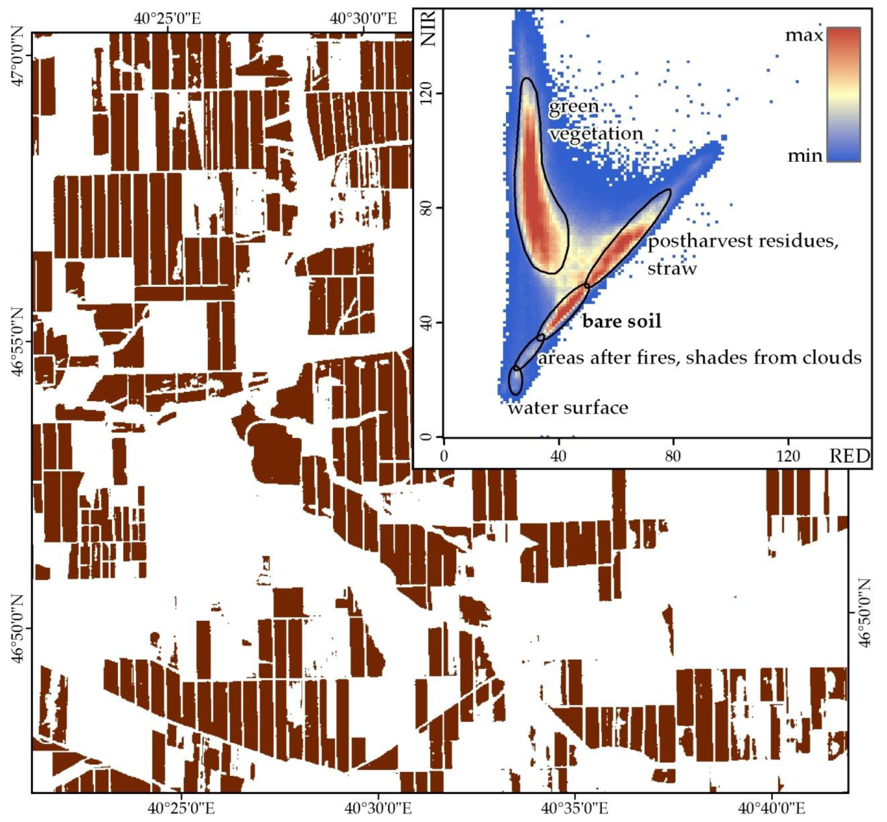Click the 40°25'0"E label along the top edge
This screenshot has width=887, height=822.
click(x=167, y=19)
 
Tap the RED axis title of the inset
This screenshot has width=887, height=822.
click(x=849, y=456)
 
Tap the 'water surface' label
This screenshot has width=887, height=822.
click(x=568, y=407)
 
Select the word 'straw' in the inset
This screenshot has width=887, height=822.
click(x=672, y=268)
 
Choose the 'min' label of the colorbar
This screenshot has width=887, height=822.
click(x=805, y=156)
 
